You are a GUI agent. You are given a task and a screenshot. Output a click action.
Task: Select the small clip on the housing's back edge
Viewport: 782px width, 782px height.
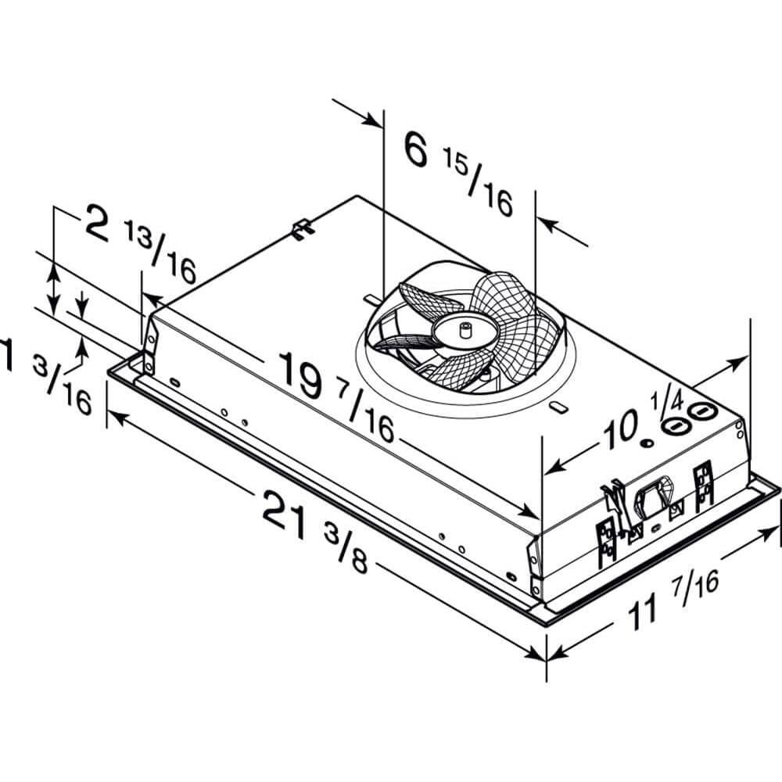303,229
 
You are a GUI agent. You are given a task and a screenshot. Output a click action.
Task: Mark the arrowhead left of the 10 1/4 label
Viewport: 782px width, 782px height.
552,468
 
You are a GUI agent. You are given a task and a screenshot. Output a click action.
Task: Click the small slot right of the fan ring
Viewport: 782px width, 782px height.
558,407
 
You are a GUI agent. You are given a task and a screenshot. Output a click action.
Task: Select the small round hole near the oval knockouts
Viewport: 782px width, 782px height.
647,443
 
